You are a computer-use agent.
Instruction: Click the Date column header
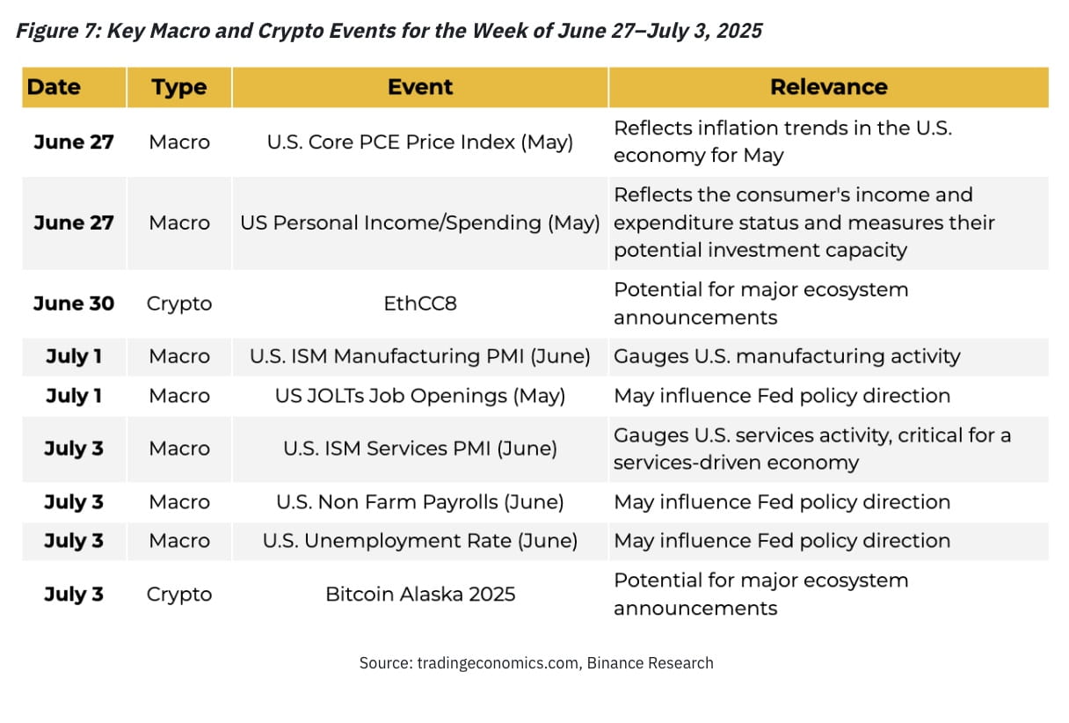(x=54, y=87)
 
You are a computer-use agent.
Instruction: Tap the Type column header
(x=178, y=87)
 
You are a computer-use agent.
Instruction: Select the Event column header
(x=419, y=87)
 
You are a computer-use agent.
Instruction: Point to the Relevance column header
(x=828, y=87)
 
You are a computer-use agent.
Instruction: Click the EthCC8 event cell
(x=419, y=303)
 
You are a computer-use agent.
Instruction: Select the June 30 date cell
(x=74, y=303)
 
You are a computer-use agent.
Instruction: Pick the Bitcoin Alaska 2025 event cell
(x=419, y=594)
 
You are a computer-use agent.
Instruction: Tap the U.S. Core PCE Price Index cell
(x=419, y=142)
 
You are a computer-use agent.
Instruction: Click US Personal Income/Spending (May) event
(x=419, y=223)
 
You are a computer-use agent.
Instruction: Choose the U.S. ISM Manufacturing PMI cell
(x=419, y=356)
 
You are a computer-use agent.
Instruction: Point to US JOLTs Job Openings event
(x=419, y=396)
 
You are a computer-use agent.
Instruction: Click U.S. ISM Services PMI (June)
(x=419, y=449)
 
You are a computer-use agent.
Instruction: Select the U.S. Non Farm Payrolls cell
(x=419, y=502)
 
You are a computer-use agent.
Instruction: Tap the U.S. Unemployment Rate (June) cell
(x=419, y=541)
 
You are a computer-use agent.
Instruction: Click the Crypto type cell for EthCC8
(x=178, y=303)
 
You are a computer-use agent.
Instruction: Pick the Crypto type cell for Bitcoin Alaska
(x=178, y=594)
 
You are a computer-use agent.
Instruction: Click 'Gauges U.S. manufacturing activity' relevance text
(x=786, y=356)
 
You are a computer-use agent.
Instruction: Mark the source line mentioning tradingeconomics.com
(x=535, y=663)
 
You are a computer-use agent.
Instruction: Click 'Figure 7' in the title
(x=55, y=31)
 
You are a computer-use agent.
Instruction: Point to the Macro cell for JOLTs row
(x=178, y=396)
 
